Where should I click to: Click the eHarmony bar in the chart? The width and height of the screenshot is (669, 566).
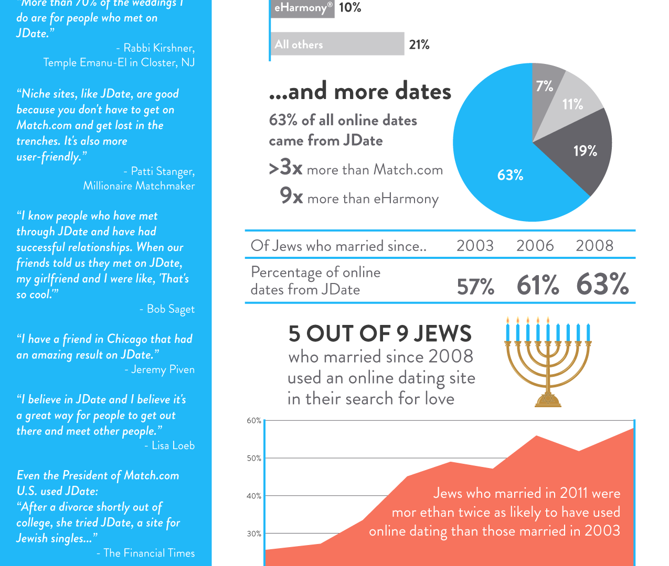pos(302,8)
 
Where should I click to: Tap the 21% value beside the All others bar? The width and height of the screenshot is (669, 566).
pos(419,45)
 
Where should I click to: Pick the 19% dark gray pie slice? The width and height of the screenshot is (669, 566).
pos(582,152)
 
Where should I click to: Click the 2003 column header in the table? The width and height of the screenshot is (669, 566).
pos(475,246)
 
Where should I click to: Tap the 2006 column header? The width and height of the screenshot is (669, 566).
pos(535,246)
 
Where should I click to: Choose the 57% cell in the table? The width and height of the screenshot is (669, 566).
pos(475,287)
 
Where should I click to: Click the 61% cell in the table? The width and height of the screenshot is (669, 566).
pos(538,286)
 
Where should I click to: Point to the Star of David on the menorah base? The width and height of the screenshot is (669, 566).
pos(548,399)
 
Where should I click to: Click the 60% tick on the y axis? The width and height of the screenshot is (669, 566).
pos(254,421)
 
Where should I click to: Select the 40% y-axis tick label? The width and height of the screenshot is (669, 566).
pos(254,496)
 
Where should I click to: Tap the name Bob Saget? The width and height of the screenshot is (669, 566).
pos(171,309)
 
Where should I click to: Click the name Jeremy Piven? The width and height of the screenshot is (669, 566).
pos(163,369)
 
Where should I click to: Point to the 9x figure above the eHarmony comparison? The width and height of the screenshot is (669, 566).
pos(292,196)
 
